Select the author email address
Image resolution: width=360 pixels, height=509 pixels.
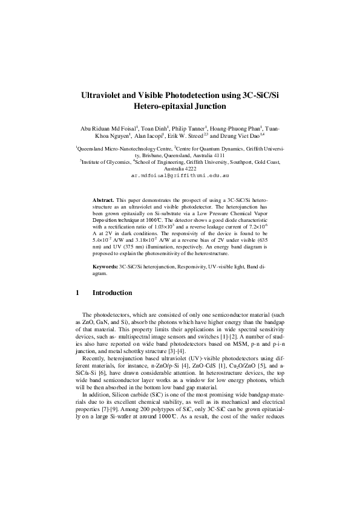pos(180,175)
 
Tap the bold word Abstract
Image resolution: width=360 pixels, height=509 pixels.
pos(103,199)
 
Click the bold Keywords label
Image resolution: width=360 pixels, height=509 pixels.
pos(105,265)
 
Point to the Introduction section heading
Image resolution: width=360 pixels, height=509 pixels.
pos(112,293)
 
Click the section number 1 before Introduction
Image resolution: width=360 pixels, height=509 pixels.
pos(77,293)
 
